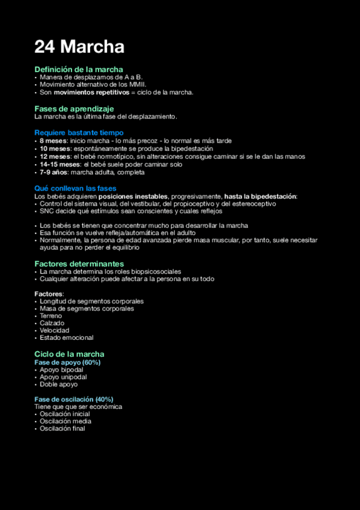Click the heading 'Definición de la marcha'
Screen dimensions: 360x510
(79, 70)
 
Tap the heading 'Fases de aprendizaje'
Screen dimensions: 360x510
(74, 109)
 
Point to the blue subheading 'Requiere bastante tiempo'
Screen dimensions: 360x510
(79, 132)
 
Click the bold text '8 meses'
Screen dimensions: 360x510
(53, 141)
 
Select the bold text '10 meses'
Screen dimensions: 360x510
(53, 149)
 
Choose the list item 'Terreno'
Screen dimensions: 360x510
(51, 316)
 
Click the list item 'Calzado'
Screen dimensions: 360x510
(52, 323)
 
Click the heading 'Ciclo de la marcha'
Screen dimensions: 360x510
(69, 354)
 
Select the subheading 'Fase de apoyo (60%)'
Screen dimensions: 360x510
(67, 362)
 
